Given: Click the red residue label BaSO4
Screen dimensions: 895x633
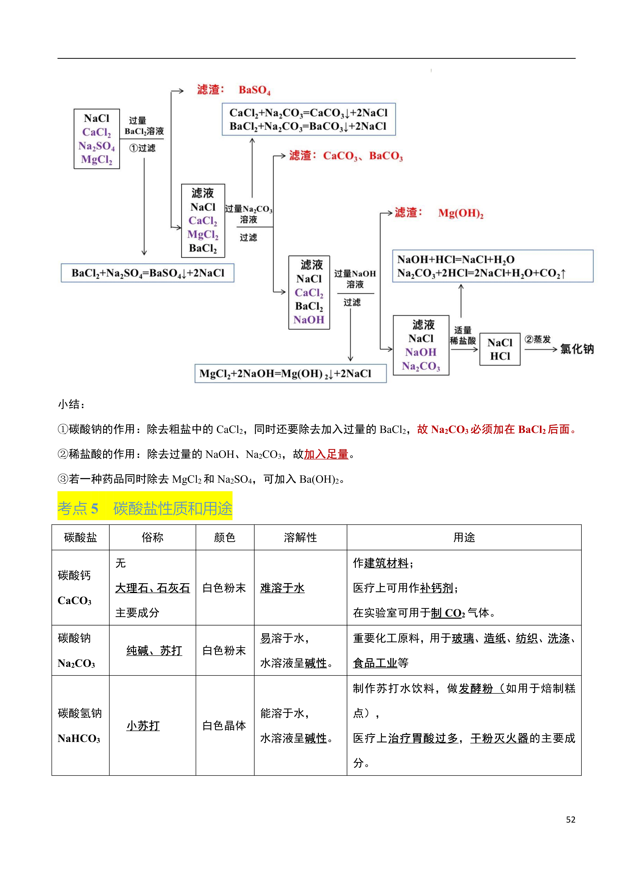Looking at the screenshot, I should click(254, 90).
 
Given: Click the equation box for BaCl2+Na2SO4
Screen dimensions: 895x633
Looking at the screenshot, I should click(147, 273).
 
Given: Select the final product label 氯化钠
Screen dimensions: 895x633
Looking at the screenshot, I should click(577, 349).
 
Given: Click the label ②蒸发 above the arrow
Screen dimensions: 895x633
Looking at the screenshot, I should click(537, 339).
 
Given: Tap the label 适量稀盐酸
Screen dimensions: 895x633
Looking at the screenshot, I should click(463, 335).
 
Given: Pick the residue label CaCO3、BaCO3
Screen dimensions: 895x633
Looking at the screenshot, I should click(363, 156).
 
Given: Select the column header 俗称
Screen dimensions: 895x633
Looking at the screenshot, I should click(152, 538).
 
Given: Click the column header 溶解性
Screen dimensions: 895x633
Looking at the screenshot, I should click(300, 538).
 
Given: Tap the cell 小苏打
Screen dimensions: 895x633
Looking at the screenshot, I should click(143, 726).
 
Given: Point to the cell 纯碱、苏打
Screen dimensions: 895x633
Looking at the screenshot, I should click(154, 651).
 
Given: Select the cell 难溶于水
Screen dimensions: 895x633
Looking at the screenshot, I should click(282, 588).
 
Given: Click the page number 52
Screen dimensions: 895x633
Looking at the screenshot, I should click(571, 820).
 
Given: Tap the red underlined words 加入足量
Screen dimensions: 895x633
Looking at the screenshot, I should click(326, 454).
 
